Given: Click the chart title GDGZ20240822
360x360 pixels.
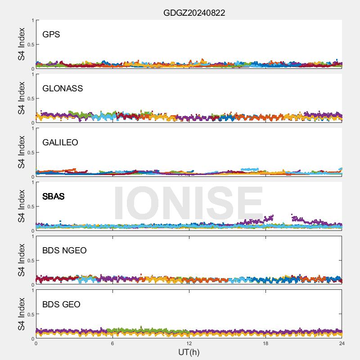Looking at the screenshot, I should pos(194,13).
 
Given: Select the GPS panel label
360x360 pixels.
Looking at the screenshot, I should pos(51,34).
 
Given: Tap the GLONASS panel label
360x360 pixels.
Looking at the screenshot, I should pos(63,88).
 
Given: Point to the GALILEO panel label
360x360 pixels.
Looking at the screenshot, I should pos(60,142).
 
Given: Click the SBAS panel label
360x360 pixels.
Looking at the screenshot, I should pos(53,196).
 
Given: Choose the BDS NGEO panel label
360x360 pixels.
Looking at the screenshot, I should pos(64,250).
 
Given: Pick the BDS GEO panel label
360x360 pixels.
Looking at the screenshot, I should pos(61,304).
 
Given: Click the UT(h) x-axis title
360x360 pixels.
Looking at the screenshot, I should pos(189,352).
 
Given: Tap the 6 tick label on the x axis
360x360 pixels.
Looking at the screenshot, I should pos(112,344).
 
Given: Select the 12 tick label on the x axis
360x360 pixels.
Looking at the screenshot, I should pos(189,344).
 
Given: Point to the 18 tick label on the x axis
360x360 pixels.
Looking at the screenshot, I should pos(265,344).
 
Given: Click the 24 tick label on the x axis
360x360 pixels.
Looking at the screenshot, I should pos(342,344).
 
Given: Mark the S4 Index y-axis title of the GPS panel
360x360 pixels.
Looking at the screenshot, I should pos(21,44).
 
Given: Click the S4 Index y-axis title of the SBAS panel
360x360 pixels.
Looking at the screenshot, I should pos(21,206).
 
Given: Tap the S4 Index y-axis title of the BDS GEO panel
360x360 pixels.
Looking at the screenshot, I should pos(21,314).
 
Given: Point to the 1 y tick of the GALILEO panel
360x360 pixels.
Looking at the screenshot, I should pos(32,128).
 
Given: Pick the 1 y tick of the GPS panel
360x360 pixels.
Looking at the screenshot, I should pos(32,20).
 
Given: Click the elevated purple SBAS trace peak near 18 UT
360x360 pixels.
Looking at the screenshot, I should pos(271,217).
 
